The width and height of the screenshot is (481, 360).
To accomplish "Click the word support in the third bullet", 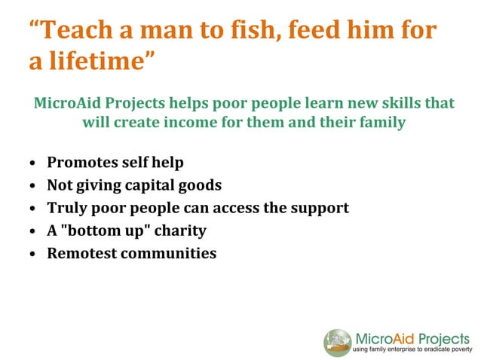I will click(319, 207).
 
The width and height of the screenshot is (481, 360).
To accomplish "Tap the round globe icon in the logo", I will click(337, 341).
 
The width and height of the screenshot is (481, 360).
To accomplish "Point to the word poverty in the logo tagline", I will click(460, 350).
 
